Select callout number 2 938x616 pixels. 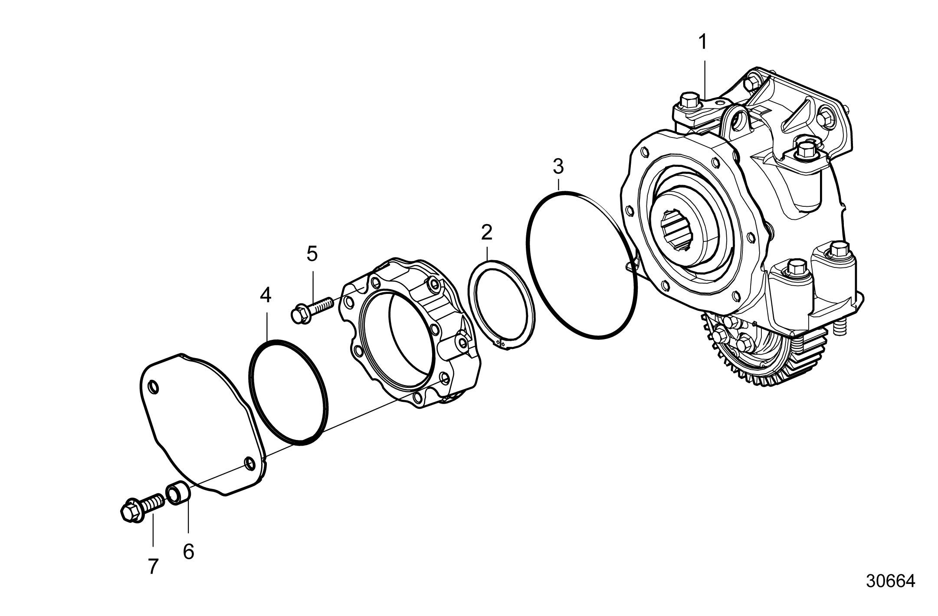click(x=487, y=233)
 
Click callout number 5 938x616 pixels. click(x=312, y=254)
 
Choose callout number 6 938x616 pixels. click(x=188, y=551)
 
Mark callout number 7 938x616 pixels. click(x=152, y=566)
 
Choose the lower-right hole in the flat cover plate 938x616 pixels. click(x=249, y=463)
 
